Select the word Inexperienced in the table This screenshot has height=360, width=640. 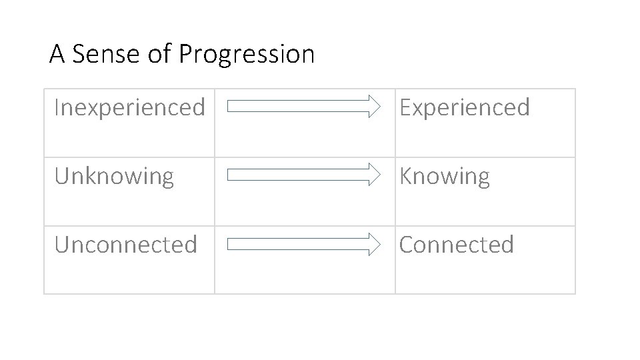(x=129, y=107)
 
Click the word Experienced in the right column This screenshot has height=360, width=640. (x=465, y=107)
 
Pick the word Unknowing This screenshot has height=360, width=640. (x=114, y=177)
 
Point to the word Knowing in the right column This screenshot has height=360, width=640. (x=445, y=177)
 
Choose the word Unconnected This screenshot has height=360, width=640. (x=126, y=245)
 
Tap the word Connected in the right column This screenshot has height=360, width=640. (x=457, y=245)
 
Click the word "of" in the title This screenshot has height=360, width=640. (x=159, y=54)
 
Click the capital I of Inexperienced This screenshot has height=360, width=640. (x=57, y=107)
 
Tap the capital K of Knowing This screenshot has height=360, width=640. (x=405, y=177)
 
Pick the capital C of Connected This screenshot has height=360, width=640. (x=406, y=245)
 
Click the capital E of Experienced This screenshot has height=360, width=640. (x=405, y=107)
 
